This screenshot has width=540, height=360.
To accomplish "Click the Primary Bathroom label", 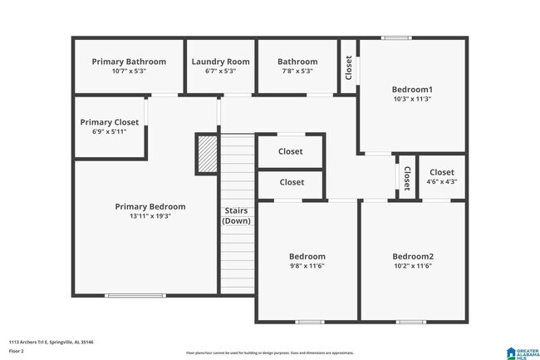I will click(x=129, y=62).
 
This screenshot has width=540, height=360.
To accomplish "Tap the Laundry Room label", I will click(x=220, y=62).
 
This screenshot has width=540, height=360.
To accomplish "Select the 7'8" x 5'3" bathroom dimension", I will click(x=297, y=72).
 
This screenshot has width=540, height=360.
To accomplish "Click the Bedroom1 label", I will click(x=413, y=89).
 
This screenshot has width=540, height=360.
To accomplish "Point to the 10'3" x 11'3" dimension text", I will click(x=413, y=99).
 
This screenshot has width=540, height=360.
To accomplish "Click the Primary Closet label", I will click(x=110, y=122).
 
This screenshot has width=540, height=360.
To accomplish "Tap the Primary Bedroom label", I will click(x=150, y=207).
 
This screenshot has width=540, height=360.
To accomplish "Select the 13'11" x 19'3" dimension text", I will click(x=150, y=217).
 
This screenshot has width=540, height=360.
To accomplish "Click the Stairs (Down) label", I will click(x=237, y=215).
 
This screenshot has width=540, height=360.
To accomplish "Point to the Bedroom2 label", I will click(x=413, y=256).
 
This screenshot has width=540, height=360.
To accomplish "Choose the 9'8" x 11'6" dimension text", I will click(x=307, y=266).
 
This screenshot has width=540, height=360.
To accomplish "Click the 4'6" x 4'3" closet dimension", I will click(x=442, y=182).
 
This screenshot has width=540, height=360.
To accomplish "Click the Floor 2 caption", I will click(x=17, y=352).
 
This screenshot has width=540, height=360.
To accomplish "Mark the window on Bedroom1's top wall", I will click(x=395, y=37).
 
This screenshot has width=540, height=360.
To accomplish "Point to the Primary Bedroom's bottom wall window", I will click(x=129, y=294).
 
